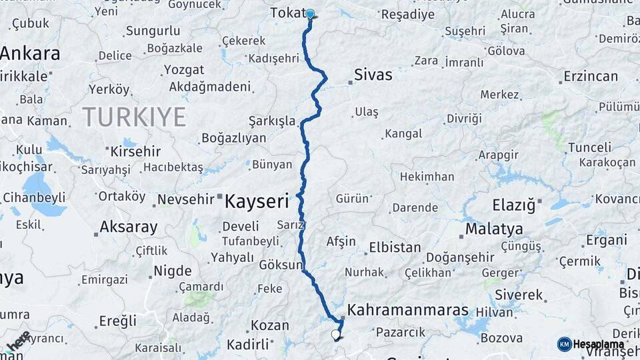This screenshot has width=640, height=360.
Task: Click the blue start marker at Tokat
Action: coord(310,13)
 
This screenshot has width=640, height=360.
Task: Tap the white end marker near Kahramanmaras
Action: coord(335,335)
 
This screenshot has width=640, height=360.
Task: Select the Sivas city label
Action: coord(373,74)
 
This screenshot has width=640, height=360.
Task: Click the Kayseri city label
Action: coord(257,200)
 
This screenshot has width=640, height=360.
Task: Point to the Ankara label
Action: coord(30,53)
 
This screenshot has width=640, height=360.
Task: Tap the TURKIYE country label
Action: coord(134,117)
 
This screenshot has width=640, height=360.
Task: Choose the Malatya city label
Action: coord(494,229)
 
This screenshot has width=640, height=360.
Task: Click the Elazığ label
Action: coord(514,205)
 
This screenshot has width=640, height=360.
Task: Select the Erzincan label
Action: coord(591,76)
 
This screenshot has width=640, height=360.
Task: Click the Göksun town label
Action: coord(281,265)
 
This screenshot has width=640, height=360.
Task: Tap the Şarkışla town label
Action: coord(271,121)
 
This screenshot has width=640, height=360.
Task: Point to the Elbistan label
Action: coord(395,247)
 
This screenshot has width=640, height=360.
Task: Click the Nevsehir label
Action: coord(186,199)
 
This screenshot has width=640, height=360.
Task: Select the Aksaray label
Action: coord(128,227)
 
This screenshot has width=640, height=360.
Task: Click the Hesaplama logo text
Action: coord(598,344)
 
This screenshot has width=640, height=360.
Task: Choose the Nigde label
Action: coord(173,271)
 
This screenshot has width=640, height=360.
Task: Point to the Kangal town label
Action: coord(403,134)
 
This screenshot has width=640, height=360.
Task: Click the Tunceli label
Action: coord(589,147)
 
